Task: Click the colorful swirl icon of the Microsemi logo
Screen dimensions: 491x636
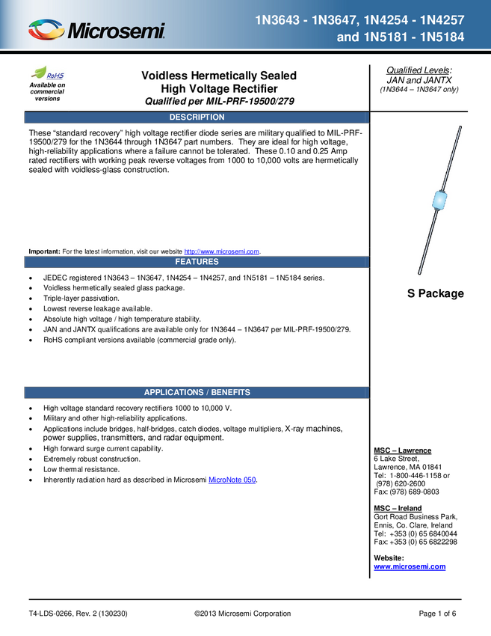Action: tap(46, 31)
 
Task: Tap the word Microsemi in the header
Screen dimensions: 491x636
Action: tap(117, 31)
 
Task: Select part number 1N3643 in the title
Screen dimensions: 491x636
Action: tap(278, 20)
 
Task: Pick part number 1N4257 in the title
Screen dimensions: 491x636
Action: tap(443, 20)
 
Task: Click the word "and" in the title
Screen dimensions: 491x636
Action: tap(348, 37)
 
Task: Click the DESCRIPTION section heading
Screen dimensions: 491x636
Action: tap(197, 117)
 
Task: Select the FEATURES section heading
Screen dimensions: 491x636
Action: tap(197, 262)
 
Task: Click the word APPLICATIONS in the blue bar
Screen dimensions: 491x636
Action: tap(173, 392)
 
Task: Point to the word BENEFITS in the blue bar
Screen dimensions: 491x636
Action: tap(230, 392)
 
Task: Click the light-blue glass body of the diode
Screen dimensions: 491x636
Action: tap(439, 201)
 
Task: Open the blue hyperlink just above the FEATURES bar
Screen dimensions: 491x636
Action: tap(221, 251)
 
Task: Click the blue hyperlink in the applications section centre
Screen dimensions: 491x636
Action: tap(232, 480)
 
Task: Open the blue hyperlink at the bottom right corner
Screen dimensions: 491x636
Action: tap(410, 567)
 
